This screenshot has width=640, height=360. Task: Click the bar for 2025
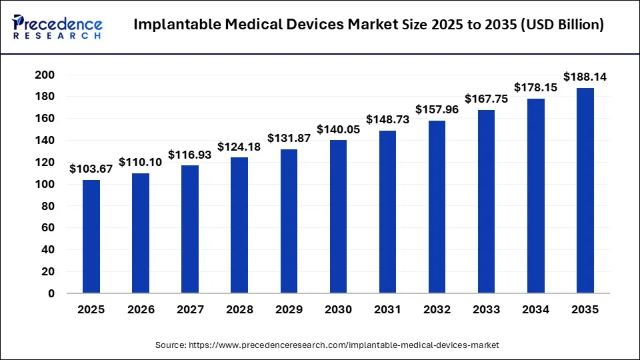[x=91, y=237]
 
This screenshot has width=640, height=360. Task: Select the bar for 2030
[x=339, y=217]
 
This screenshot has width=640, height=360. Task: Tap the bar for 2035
[x=585, y=191]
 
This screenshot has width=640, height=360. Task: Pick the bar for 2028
[x=239, y=225]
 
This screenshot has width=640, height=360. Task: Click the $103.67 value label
[x=91, y=169]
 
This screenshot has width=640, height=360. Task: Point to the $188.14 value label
[x=585, y=77]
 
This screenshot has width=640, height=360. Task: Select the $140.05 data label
[x=339, y=129]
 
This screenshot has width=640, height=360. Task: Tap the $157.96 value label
[x=437, y=109]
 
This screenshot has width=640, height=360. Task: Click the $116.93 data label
[x=190, y=154]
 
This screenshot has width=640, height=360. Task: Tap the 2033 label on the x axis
[x=487, y=310]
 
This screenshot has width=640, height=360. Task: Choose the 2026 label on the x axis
[x=141, y=310]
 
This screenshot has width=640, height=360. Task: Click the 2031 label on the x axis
[x=388, y=310]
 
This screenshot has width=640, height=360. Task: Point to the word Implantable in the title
[x=175, y=25]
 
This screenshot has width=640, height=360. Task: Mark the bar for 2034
[x=536, y=196]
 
